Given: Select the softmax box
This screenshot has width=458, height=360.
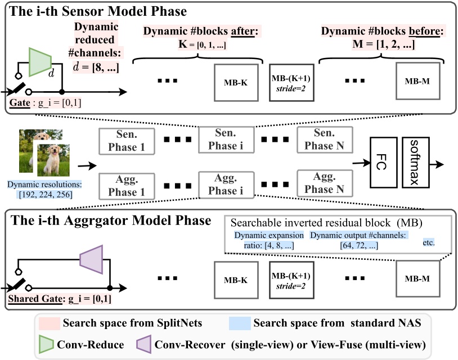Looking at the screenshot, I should click(x=415, y=163).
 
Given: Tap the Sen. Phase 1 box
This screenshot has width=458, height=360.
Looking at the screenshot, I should click(x=127, y=141).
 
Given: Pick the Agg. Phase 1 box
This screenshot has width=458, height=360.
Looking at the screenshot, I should click(x=127, y=185).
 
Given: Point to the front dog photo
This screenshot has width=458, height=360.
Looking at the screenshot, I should click(x=52, y=160).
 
